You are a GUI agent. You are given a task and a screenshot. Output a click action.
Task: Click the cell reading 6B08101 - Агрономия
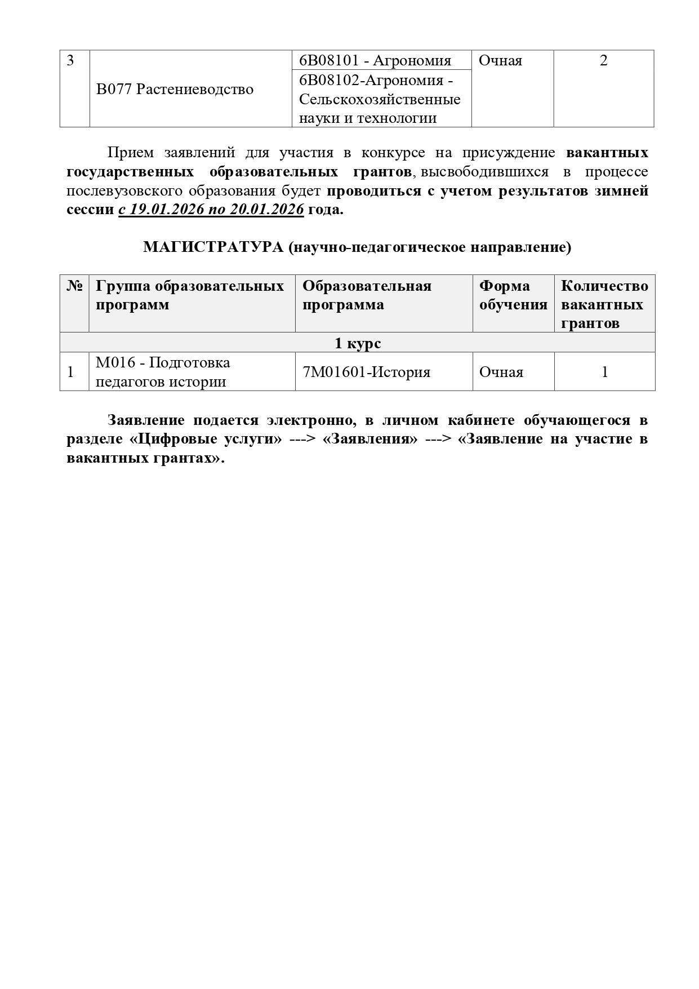pyautogui.click(x=375, y=60)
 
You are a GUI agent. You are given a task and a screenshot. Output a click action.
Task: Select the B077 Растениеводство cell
pyautogui.click(x=175, y=90)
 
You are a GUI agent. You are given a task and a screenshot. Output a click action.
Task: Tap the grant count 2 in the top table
pyautogui.click(x=603, y=60)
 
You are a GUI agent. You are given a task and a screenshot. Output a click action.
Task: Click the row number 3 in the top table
pyautogui.click(x=70, y=60)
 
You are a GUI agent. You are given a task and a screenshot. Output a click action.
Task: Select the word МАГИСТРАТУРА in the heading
pyautogui.click(x=213, y=247)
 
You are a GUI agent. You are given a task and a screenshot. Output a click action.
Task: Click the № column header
pyautogui.click(x=74, y=286)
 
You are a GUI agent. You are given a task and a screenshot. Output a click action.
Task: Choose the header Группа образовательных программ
pyautogui.click(x=190, y=295)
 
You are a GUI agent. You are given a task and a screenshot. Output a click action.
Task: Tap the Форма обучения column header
pyautogui.click(x=513, y=295)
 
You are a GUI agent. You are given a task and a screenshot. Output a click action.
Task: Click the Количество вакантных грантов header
pyautogui.click(x=604, y=304)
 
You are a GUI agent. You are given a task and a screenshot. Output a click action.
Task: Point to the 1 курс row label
pyautogui.click(x=358, y=343)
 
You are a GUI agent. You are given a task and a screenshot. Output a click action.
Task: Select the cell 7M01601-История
pyautogui.click(x=366, y=372)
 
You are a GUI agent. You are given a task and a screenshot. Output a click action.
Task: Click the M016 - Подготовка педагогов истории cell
pyautogui.click(x=163, y=372)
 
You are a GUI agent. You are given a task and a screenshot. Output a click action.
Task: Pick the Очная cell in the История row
pyautogui.click(x=501, y=372)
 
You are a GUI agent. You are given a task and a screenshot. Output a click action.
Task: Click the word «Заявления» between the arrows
pyautogui.click(x=370, y=439)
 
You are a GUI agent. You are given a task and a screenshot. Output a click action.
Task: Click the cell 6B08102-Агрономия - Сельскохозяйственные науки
pyautogui.click(x=380, y=99)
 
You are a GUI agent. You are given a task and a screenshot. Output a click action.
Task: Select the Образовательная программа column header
pyautogui.click(x=367, y=295)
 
